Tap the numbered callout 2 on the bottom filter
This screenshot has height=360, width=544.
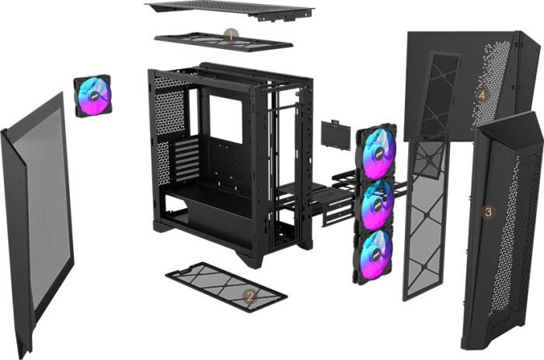click(249, 295)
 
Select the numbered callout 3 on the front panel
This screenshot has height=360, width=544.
click(488, 211)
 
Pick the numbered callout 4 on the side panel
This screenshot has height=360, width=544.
click(481, 95)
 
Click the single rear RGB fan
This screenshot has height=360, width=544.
click(92, 96)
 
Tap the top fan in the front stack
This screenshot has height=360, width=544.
click(376, 151)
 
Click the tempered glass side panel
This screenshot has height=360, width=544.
click(39, 218)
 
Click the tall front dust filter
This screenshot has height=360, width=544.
click(424, 218)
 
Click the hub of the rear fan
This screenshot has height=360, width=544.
click(92, 96)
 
